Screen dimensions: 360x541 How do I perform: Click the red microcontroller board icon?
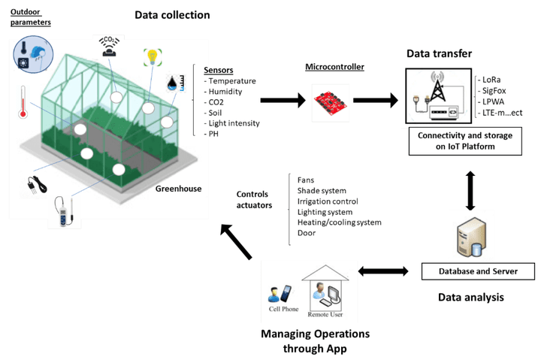(330, 99)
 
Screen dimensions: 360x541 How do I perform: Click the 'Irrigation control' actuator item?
(328, 201)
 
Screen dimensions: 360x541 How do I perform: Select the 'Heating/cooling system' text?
(339, 222)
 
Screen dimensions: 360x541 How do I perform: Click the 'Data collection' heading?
(172, 15)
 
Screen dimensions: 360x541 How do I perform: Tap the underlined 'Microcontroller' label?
(334, 67)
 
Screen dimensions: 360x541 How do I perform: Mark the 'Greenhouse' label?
(178, 189)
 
